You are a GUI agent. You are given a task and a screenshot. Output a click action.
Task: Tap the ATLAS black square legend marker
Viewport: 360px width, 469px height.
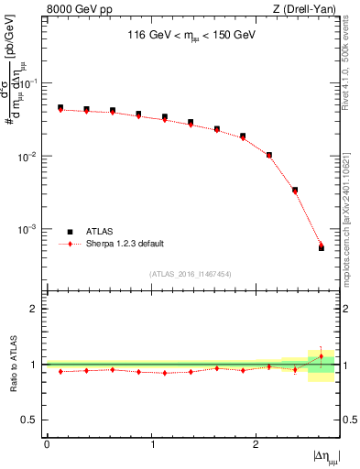pyautogui.click(x=70, y=232)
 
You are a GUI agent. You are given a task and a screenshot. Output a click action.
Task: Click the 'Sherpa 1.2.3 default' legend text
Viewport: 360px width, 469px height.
pyautogui.click(x=126, y=244)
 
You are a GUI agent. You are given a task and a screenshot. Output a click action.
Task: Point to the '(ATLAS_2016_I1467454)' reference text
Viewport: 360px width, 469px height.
pyautogui.click(x=191, y=273)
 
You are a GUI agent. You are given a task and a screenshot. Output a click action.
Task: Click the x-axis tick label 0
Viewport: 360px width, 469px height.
pyautogui.click(x=46, y=443)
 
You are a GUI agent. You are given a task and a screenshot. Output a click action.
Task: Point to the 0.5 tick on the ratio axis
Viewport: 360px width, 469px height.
pyautogui.click(x=31, y=420)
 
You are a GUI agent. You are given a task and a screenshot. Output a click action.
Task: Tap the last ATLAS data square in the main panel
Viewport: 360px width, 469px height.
pyautogui.click(x=321, y=247)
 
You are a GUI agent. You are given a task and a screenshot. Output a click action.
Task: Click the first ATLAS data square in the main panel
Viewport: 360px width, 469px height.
pyautogui.click(x=60, y=107)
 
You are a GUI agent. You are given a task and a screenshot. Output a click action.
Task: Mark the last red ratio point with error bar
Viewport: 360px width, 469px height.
pyautogui.click(x=321, y=355)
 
